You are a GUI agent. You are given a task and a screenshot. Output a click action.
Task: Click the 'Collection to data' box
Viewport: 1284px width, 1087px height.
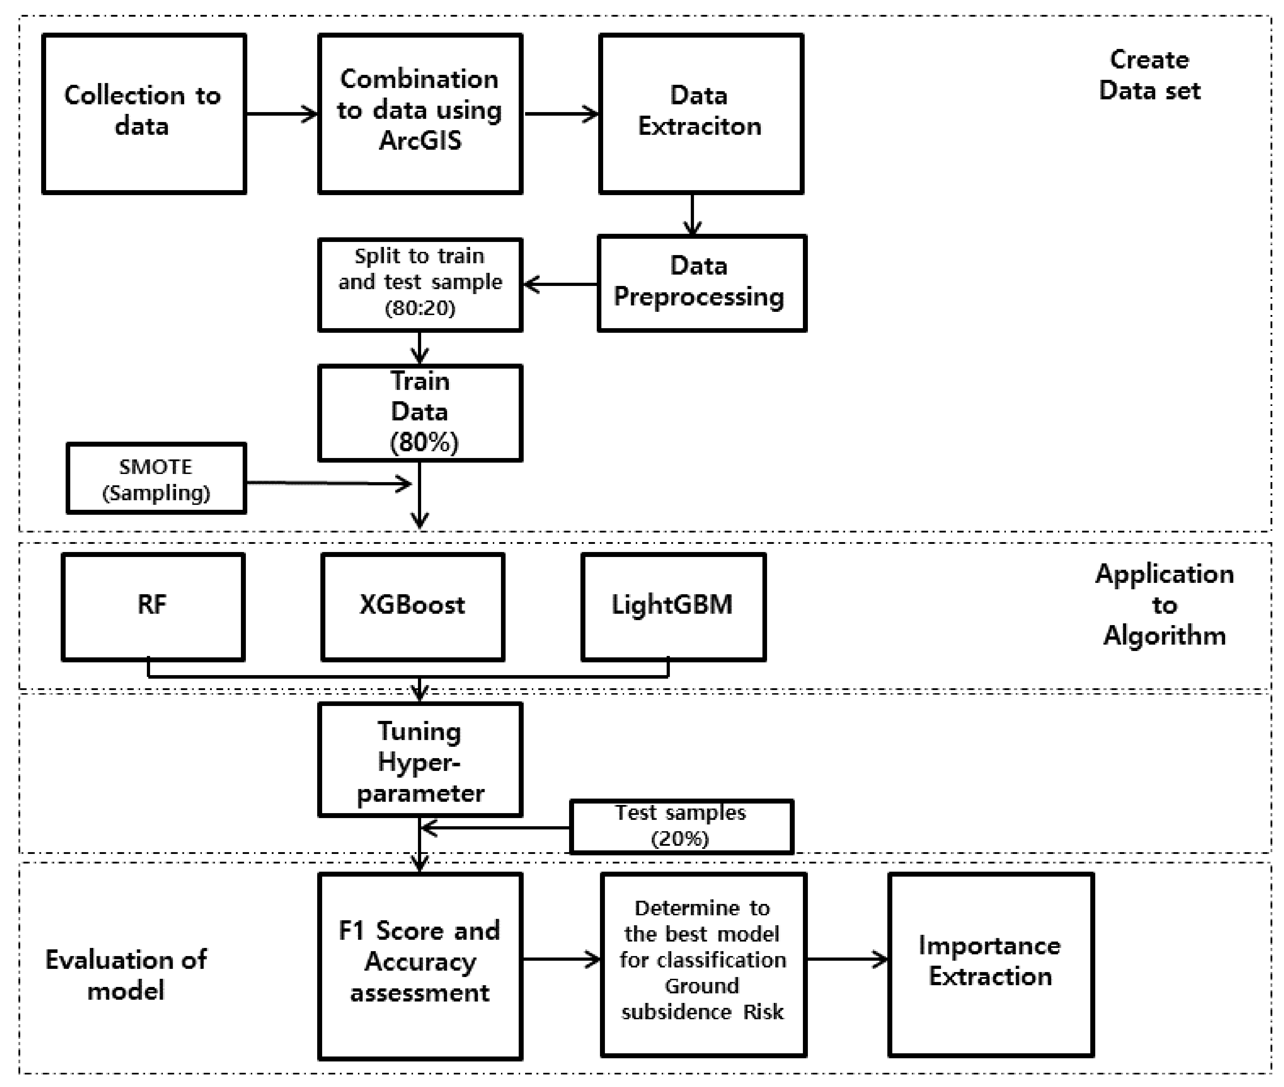[x=144, y=114]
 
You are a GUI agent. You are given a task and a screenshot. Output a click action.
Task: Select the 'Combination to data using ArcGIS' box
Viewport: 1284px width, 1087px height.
[x=420, y=114]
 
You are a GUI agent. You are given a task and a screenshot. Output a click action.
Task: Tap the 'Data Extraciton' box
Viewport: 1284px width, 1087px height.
[x=700, y=114]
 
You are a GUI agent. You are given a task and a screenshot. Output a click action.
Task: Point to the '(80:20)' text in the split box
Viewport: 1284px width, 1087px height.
[x=420, y=308]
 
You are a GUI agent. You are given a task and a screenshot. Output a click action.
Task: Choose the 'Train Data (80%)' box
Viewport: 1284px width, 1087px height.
[x=420, y=412]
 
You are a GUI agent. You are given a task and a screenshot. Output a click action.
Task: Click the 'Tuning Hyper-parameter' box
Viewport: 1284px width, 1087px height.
[x=420, y=760]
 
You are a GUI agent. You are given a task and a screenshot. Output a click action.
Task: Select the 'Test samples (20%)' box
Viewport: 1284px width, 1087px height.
[x=681, y=826]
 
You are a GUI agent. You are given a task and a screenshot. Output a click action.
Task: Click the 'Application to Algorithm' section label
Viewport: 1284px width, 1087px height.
[x=1164, y=605]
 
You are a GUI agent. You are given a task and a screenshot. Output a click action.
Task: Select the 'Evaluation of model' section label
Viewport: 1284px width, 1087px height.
[x=126, y=975]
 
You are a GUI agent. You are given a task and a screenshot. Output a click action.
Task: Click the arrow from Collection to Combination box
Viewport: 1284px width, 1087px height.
[x=282, y=114]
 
